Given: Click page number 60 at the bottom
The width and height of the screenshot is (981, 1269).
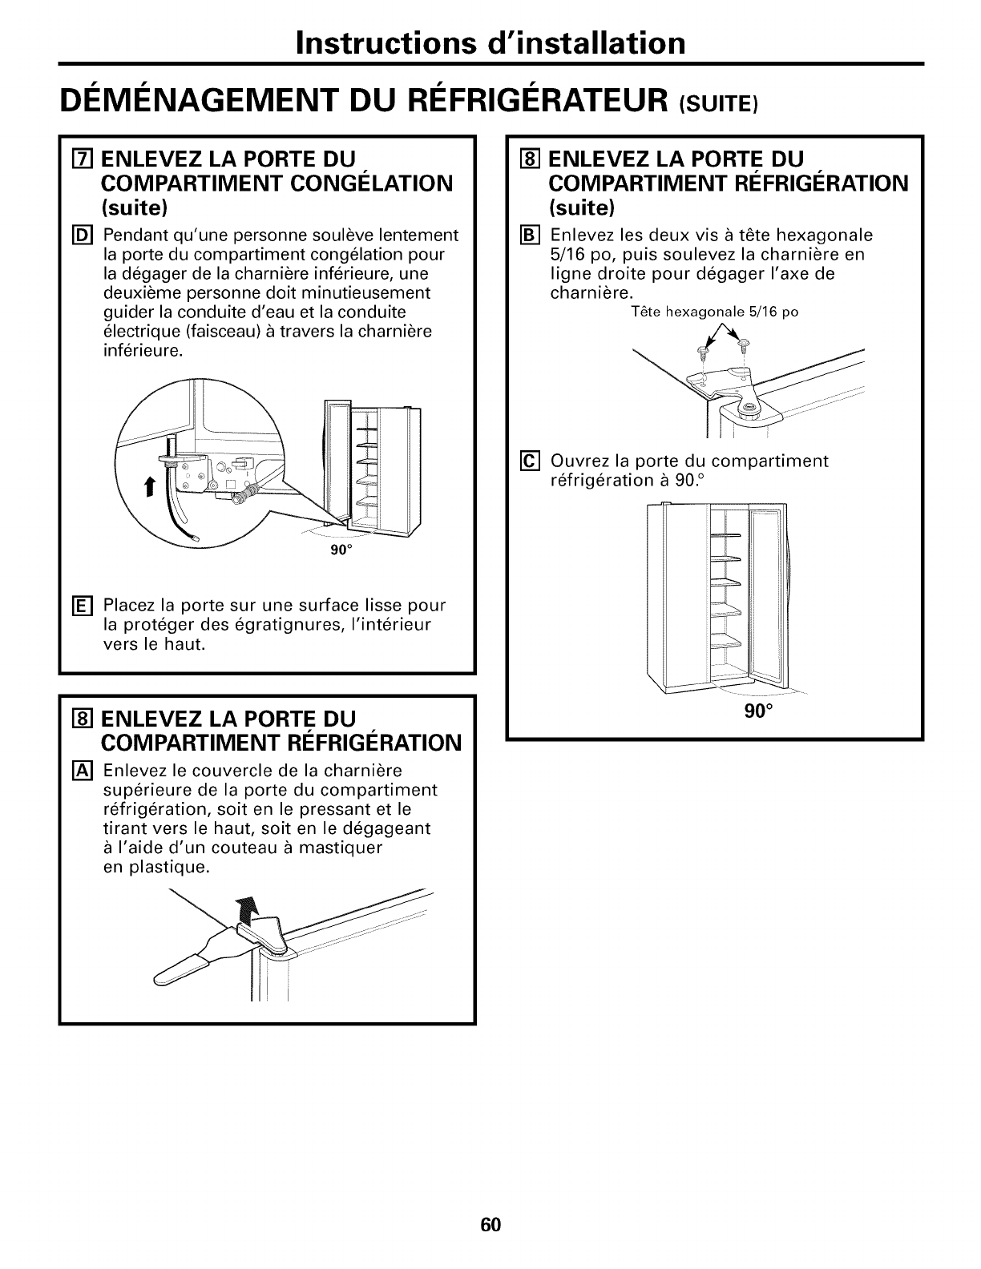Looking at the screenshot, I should (x=490, y=1203).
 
